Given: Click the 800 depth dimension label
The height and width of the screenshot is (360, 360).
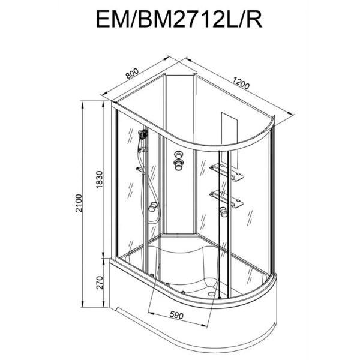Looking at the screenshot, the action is pos(133,73).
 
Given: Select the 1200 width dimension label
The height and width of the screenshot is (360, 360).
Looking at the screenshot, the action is pos(241,83).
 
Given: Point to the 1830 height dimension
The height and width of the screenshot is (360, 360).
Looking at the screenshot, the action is pos(99,179).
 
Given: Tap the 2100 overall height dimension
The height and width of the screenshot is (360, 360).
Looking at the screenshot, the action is pos(79,203).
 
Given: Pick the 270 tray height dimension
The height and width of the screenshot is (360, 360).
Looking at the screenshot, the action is pos(100,283).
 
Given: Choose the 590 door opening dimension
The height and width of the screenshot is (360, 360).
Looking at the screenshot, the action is pos(176,315).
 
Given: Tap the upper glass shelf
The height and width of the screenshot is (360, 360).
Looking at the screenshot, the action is pos(223,172).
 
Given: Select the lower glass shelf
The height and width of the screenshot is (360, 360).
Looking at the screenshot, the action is pos(226,199).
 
